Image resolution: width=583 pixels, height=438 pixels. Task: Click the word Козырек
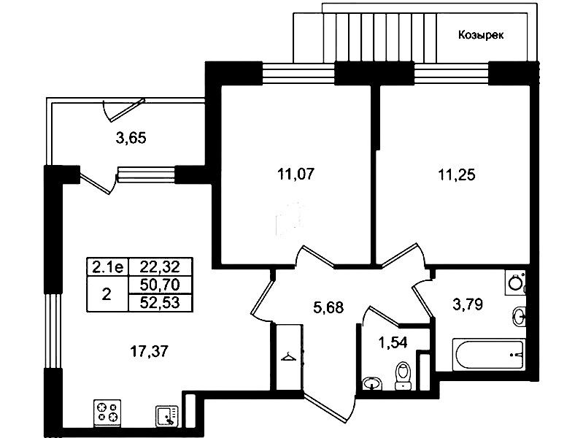[x=481, y=35]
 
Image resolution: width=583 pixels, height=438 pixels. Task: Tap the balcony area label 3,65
[x=131, y=138]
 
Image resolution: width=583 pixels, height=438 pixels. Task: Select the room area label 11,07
[x=296, y=174]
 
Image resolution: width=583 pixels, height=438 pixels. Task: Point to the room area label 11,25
[x=457, y=174]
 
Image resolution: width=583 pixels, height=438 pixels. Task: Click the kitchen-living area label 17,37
[x=149, y=351]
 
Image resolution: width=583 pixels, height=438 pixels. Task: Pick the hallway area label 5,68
[x=328, y=307]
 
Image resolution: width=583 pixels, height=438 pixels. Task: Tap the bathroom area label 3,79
[x=468, y=305]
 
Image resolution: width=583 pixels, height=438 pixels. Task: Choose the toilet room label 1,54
[x=393, y=342]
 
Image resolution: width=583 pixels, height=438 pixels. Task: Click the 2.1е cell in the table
[x=107, y=266]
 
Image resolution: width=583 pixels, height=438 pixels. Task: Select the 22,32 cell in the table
[x=160, y=266]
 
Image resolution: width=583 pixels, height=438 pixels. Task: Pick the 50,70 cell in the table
[x=160, y=285]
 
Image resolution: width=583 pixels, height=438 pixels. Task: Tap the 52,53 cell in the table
[x=160, y=302]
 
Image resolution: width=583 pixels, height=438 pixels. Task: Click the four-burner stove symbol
[x=107, y=413]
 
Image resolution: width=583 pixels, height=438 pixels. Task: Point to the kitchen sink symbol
[x=166, y=415]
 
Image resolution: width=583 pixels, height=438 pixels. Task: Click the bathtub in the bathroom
[x=489, y=354]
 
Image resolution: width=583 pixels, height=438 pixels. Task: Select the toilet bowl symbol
[x=403, y=376]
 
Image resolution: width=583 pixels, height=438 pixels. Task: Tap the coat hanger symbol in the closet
[x=288, y=357]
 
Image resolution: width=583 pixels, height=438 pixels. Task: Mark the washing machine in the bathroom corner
[x=516, y=283]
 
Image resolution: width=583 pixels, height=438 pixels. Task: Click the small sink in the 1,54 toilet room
[x=372, y=383]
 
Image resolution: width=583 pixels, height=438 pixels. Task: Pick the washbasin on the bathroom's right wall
[x=519, y=317]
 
